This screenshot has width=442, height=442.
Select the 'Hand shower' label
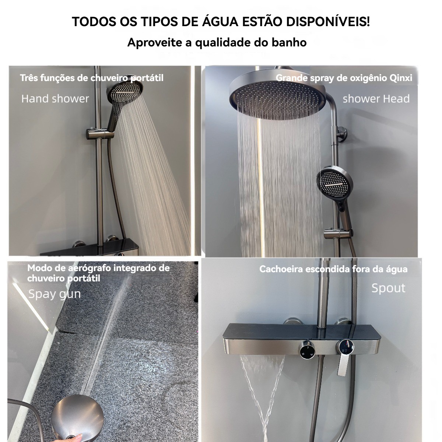[x=55, y=99]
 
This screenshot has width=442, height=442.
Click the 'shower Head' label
[x=376, y=99]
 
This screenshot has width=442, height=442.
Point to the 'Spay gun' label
[x=55, y=294]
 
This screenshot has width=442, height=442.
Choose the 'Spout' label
[x=388, y=288]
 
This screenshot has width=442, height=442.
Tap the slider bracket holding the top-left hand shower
[x=99, y=133]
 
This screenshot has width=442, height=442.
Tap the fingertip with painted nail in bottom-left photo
[x=78, y=436]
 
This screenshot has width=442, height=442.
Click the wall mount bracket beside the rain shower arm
[x=342, y=134]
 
